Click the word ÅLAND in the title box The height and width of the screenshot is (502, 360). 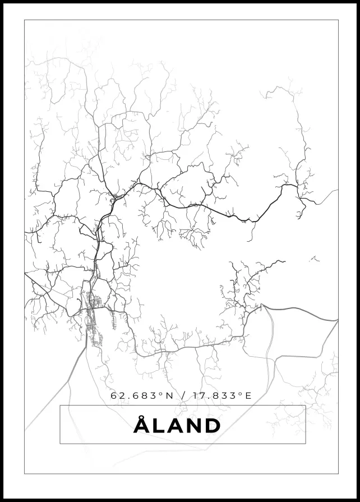click(177, 426)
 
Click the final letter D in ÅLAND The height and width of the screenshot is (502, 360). click(212, 426)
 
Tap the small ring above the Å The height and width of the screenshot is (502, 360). click(141, 417)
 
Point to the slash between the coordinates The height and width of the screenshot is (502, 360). click(183, 395)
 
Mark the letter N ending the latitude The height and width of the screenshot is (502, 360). click(169, 395)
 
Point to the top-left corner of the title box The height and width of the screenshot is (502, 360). click(60, 406)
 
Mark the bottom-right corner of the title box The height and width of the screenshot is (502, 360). click(305, 444)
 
